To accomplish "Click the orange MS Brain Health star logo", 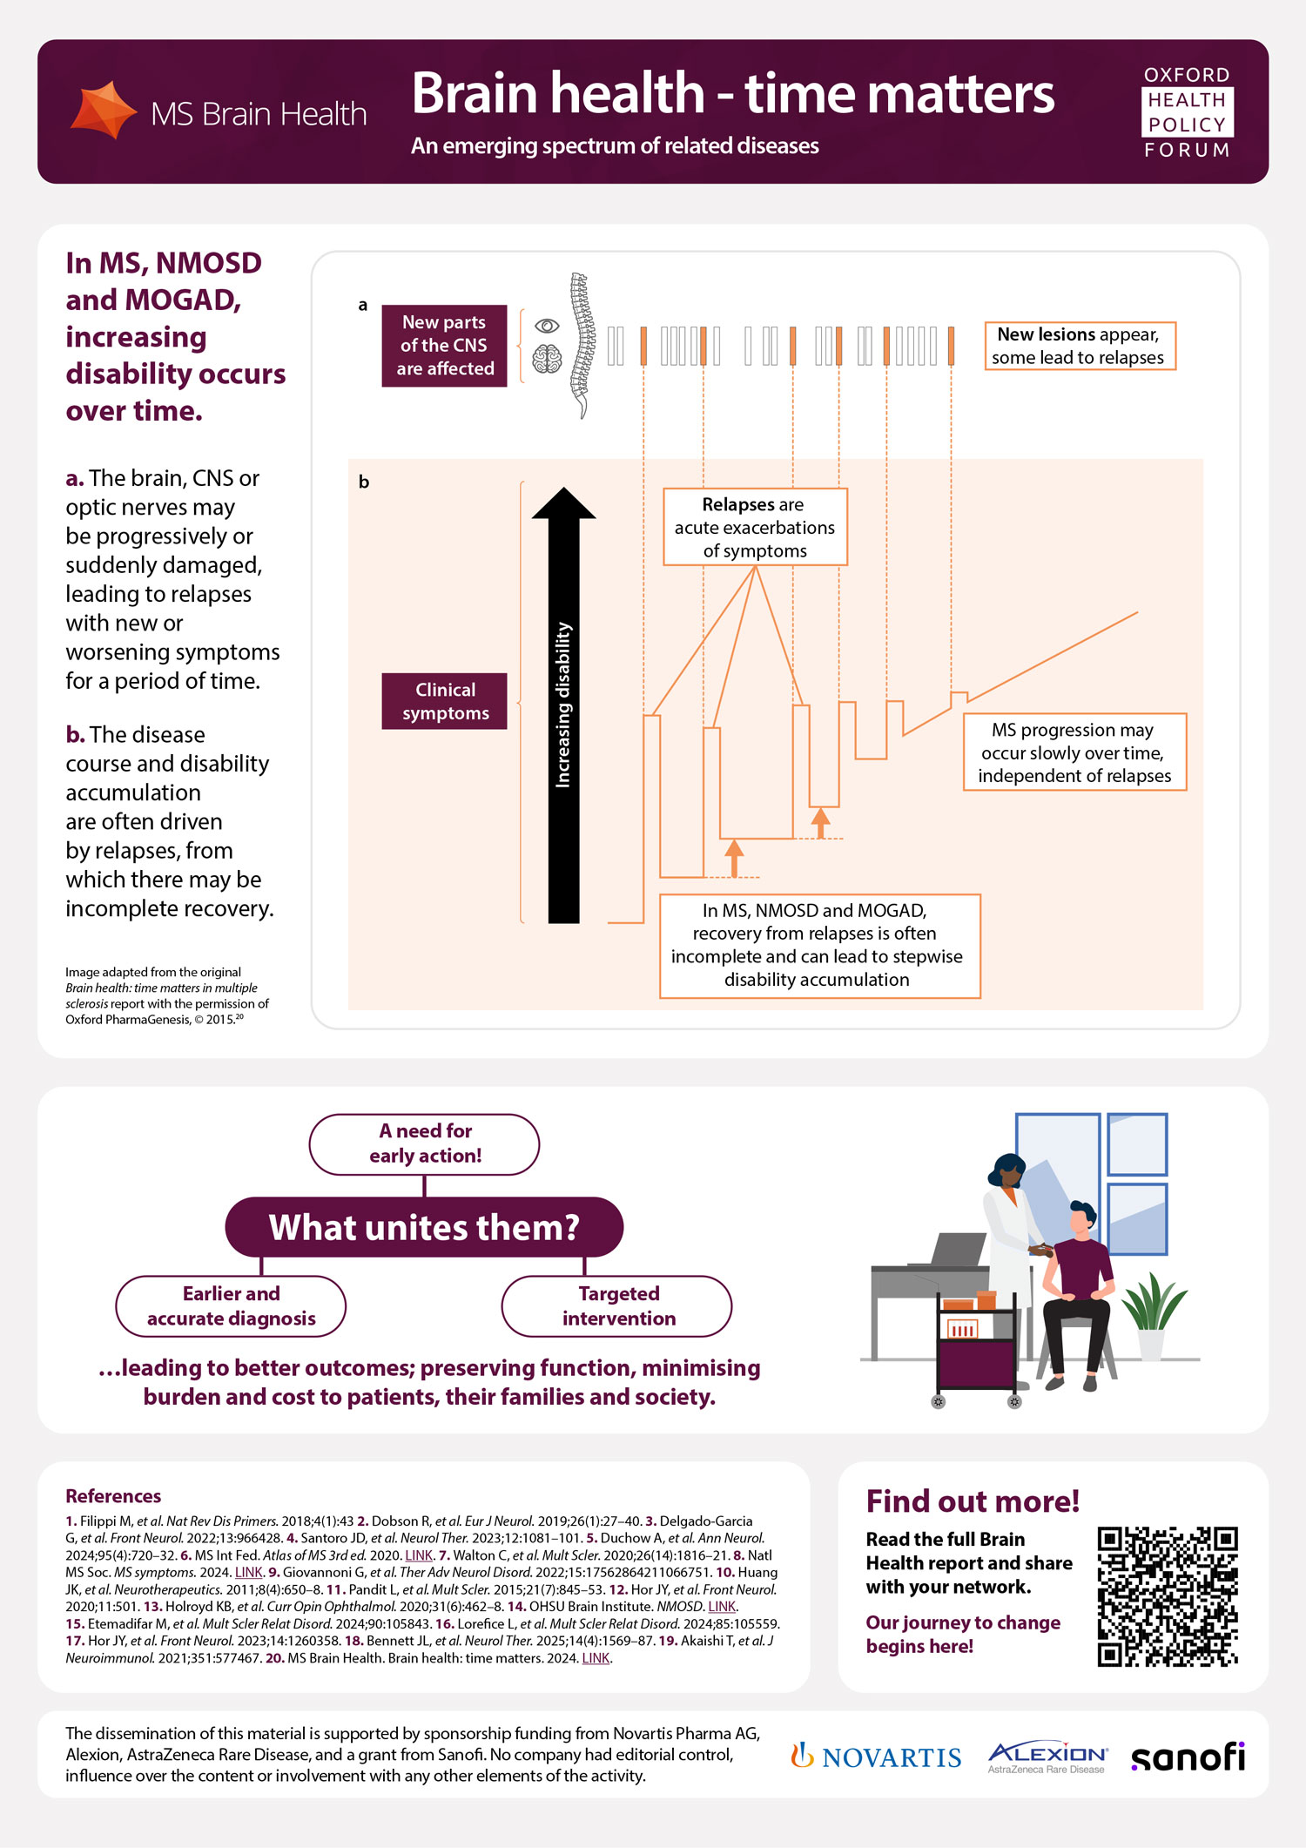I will [104, 111].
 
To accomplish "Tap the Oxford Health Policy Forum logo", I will [1187, 112].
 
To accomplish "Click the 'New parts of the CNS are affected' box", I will [444, 346].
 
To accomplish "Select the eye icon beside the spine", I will [547, 326].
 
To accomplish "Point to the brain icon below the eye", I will [547, 359].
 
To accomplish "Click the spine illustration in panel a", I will [580, 344].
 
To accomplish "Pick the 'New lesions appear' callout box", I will [1080, 346].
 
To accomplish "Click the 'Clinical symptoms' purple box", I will [444, 701].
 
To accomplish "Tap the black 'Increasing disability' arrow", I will [563, 705].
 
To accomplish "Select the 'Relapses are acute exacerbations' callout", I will [755, 527].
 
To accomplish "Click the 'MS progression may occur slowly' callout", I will [1074, 752].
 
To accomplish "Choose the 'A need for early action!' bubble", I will [424, 1143].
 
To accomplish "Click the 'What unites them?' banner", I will [424, 1227].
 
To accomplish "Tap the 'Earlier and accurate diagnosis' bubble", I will [231, 1305].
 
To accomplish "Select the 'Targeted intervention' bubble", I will [617, 1305].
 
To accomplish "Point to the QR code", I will [1167, 1595].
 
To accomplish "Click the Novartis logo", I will [876, 1757].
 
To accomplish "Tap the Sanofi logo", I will [1188, 1757].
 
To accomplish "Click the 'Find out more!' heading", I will [972, 1501].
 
